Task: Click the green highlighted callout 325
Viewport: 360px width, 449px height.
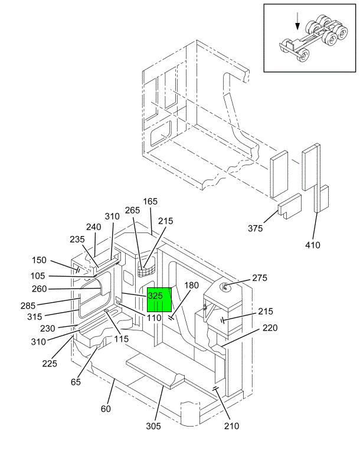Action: (x=159, y=300)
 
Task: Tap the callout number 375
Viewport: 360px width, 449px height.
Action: (x=255, y=228)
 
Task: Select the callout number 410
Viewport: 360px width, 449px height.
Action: (x=312, y=245)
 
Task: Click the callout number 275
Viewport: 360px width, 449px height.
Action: (x=260, y=278)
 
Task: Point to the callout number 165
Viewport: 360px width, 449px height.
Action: (x=150, y=201)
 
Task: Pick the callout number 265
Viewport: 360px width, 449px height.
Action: (x=132, y=210)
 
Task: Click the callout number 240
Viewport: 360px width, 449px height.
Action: (x=94, y=227)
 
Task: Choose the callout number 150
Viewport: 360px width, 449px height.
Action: (x=39, y=260)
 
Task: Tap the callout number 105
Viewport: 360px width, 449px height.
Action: (x=38, y=276)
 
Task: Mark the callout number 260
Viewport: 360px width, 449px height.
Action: (x=39, y=289)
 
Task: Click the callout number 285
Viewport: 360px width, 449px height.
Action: (x=28, y=306)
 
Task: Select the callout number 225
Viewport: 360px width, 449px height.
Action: (x=50, y=363)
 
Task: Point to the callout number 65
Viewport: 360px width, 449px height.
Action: (x=76, y=382)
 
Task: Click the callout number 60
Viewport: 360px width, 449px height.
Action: (x=106, y=409)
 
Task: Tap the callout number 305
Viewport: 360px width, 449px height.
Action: (x=153, y=426)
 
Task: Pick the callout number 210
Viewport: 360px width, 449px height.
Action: (x=231, y=426)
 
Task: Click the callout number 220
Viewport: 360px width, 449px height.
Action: (x=270, y=327)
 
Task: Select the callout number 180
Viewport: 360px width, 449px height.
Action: (x=191, y=285)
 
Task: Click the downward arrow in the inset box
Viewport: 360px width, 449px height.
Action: (x=297, y=21)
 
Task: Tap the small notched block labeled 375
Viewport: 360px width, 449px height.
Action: (x=290, y=205)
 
